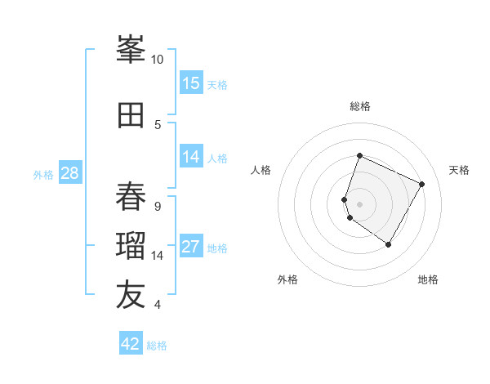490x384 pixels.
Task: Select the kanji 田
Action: click(x=131, y=115)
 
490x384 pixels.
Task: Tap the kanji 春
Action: click(x=131, y=197)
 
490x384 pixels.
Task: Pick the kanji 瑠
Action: click(x=131, y=246)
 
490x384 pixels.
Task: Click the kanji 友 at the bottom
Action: click(x=131, y=296)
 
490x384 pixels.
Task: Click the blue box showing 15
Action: click(x=191, y=83)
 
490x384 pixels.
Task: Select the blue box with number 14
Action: click(x=191, y=157)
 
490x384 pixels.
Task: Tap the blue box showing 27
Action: click(x=191, y=248)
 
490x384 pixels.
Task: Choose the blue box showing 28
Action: click(x=69, y=173)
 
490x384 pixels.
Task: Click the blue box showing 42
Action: click(x=131, y=344)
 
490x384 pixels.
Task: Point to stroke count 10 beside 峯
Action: click(x=158, y=59)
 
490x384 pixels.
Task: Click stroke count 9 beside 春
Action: click(x=158, y=206)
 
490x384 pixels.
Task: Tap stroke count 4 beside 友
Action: click(x=158, y=305)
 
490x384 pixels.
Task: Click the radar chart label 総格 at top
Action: click(x=360, y=106)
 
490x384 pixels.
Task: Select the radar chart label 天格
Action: click(x=459, y=170)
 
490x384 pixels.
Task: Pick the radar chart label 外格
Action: click(x=287, y=279)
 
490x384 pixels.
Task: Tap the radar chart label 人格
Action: click(x=261, y=170)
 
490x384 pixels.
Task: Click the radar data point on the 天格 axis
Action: click(x=422, y=184)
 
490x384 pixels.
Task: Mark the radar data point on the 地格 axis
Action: click(x=389, y=245)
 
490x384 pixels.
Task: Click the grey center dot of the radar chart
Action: click(x=360, y=204)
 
